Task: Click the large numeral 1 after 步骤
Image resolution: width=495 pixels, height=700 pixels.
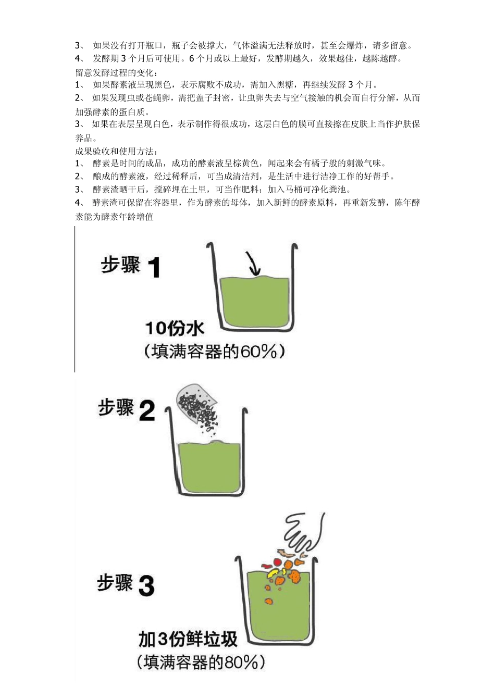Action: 154,268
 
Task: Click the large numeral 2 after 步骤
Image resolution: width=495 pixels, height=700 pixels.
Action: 147,410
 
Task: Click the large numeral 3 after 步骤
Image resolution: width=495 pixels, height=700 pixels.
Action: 146,586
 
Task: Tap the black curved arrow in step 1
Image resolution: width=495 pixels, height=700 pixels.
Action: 253,264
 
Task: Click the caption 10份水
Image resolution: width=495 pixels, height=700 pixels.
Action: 175,328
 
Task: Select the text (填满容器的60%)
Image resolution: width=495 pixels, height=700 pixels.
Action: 214,352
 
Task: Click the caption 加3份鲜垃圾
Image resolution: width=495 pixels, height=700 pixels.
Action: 188,639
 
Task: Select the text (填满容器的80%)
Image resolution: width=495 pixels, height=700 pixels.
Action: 201,662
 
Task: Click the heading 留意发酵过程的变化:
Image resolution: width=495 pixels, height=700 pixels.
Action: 116,72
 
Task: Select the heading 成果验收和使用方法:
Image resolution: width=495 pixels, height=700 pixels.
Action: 116,151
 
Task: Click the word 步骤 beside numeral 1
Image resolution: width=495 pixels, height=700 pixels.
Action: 121,266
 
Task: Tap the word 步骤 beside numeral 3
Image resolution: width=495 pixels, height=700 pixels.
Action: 115,583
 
